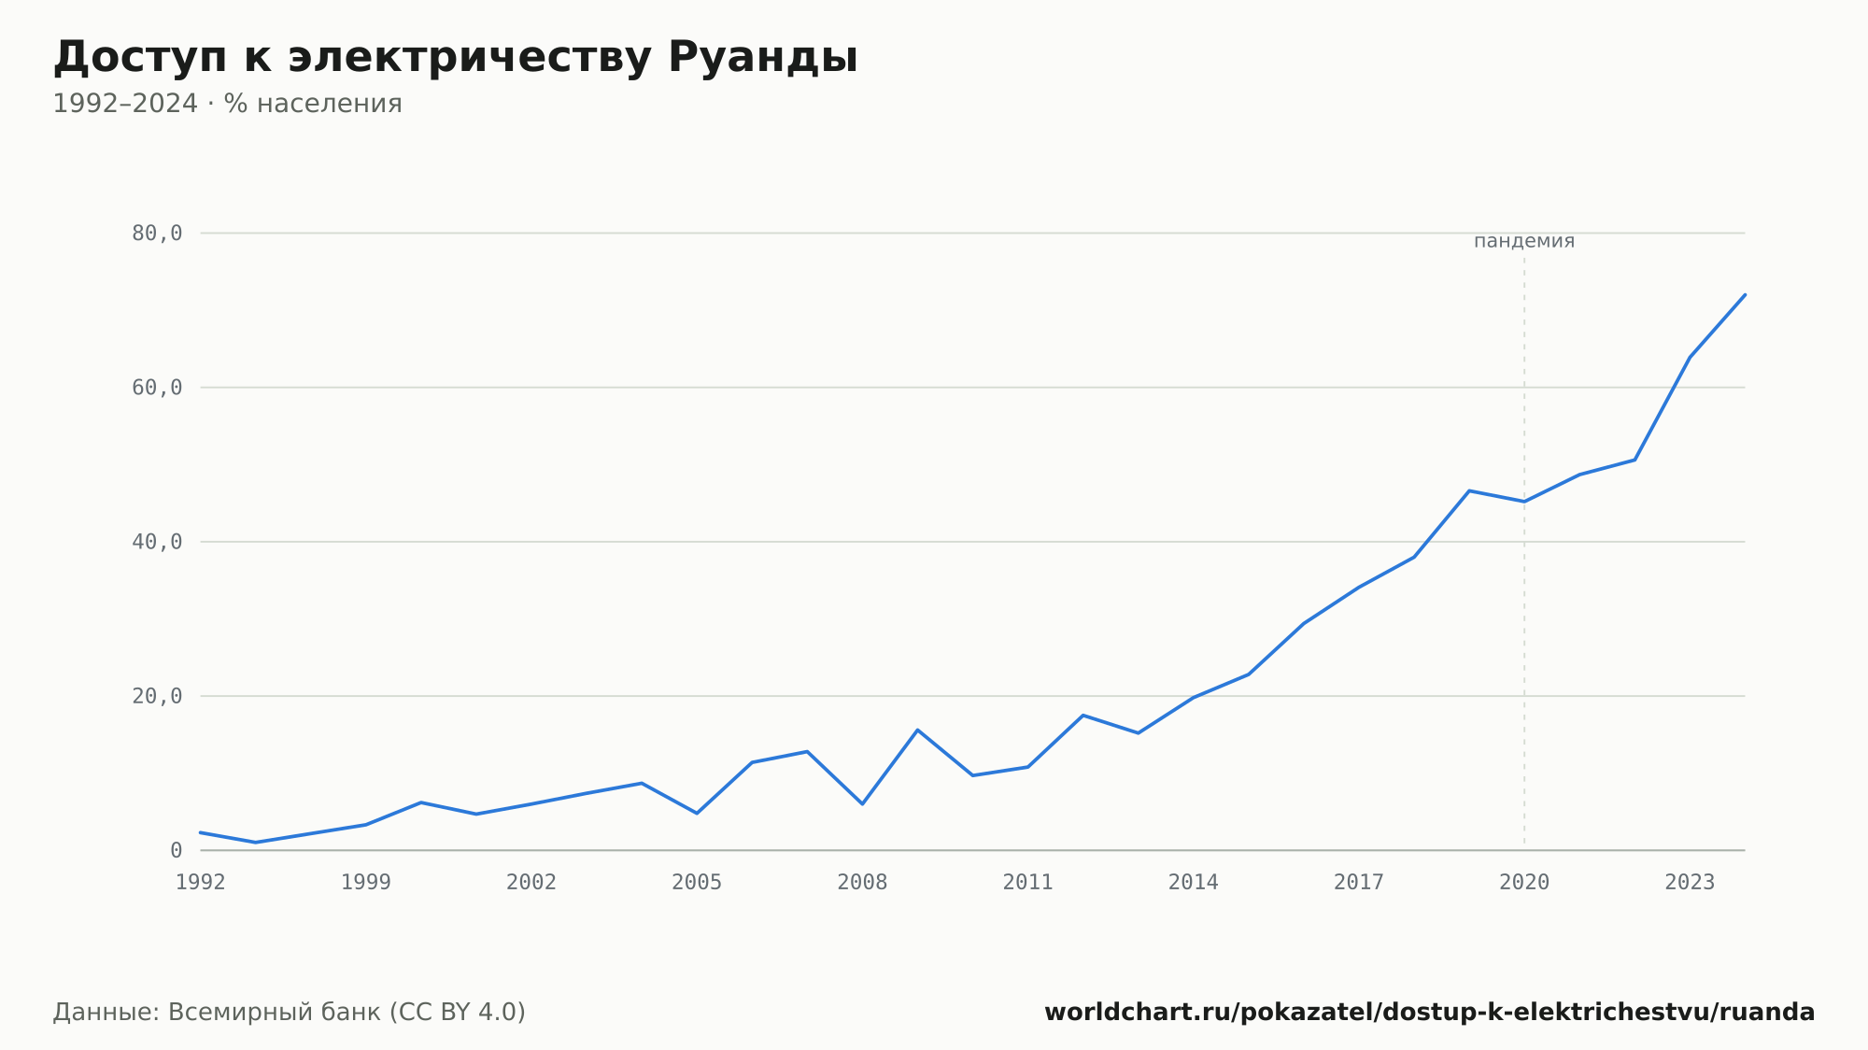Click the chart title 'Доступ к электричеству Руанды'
click(x=455, y=58)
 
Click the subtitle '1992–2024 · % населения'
click(x=227, y=104)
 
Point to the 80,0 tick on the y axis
click(x=157, y=234)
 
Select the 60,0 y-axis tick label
click(x=157, y=388)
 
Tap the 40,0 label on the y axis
click(x=157, y=542)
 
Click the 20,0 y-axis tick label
click(x=157, y=696)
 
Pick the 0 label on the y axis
click(x=176, y=850)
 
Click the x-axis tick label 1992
click(x=201, y=883)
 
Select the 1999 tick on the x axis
click(x=366, y=883)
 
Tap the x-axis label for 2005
click(x=697, y=883)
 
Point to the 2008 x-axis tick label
click(x=862, y=883)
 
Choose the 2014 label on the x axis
click(x=1194, y=883)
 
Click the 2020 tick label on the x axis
click(x=1524, y=883)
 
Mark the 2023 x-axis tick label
click(x=1690, y=883)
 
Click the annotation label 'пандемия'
click(x=1524, y=241)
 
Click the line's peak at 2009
click(x=917, y=730)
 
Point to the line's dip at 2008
click(x=862, y=803)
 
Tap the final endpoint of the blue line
click(x=1745, y=294)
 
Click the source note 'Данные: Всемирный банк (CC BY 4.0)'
click(x=290, y=1013)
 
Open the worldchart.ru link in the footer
click(x=1429, y=1013)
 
